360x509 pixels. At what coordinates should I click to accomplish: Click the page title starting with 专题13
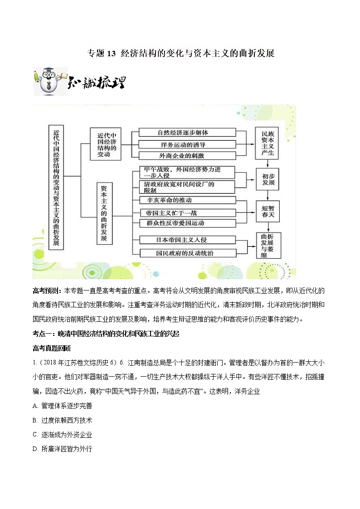pos(180,53)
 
